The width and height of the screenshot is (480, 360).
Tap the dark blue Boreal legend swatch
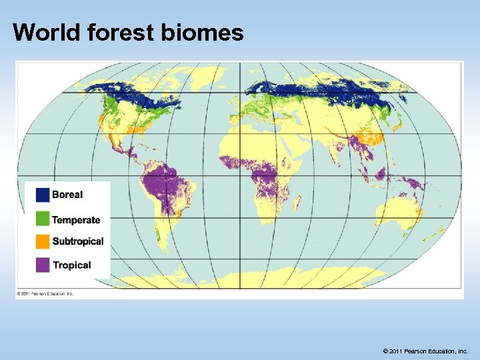[x=43, y=195]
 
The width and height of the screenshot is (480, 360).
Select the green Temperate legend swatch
[x=43, y=219]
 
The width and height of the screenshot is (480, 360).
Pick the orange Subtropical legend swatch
[x=43, y=241]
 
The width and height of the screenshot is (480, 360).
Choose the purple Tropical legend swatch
[x=43, y=265]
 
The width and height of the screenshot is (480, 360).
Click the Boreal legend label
[x=67, y=195]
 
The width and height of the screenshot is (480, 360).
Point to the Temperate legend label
[x=76, y=220]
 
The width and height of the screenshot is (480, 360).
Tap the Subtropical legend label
[x=78, y=241]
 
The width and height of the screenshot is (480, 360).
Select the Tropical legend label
[x=71, y=265]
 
